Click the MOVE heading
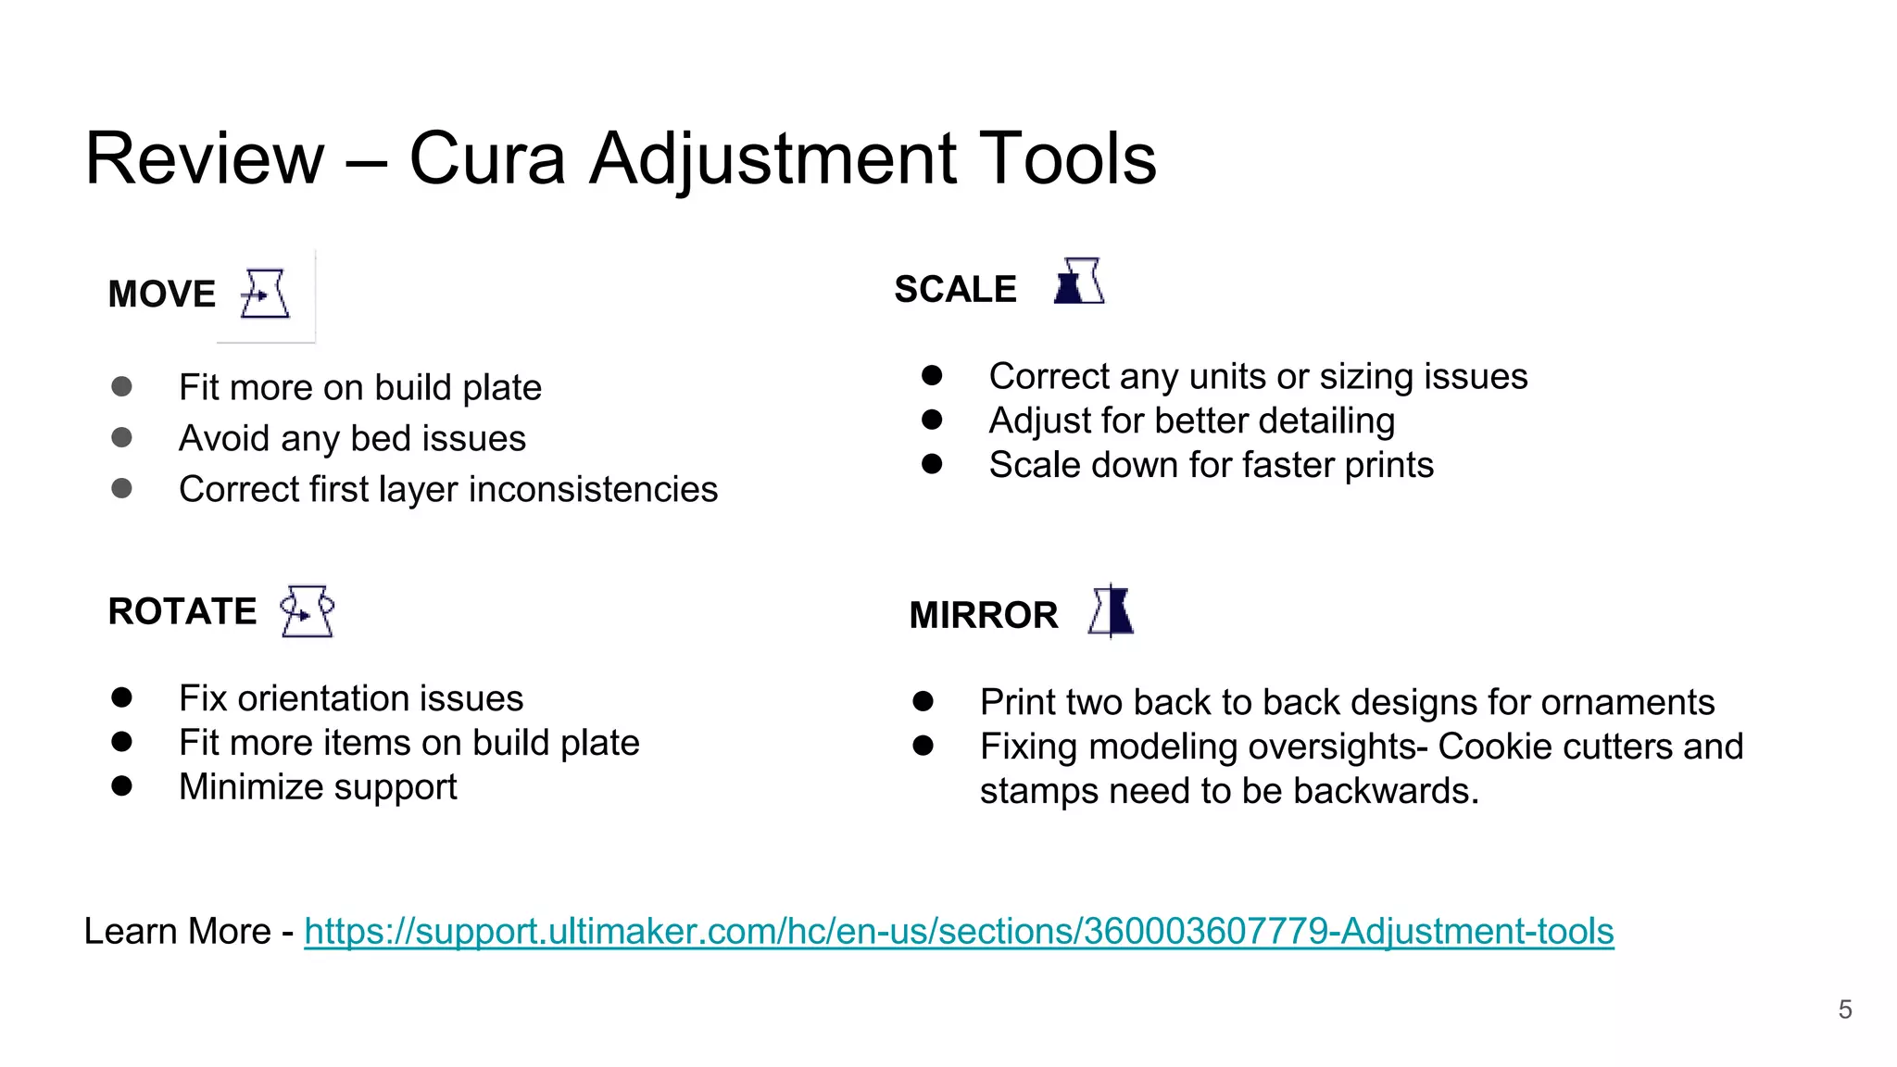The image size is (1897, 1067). pyautogui.click(x=162, y=295)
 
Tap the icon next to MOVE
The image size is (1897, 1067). pyautogui.click(x=265, y=295)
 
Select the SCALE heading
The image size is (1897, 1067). pyautogui.click(x=955, y=290)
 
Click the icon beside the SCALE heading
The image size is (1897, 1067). pyautogui.click(x=1079, y=282)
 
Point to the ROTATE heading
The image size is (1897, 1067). pyautogui.click(x=182, y=612)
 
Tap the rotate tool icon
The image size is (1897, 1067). pyautogui.click(x=308, y=611)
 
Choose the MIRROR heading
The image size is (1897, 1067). pyautogui.click(x=983, y=616)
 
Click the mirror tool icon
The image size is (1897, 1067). pyautogui.click(x=1112, y=611)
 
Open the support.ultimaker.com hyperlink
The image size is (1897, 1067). pyautogui.click(x=959, y=932)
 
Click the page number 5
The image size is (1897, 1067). pyautogui.click(x=1844, y=1010)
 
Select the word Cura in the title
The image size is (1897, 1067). pyautogui.click(x=487, y=159)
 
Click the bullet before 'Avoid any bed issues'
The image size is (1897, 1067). pyautogui.click(x=121, y=437)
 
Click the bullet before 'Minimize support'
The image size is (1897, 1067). pyautogui.click(x=121, y=786)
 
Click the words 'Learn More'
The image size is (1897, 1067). pyautogui.click(x=177, y=932)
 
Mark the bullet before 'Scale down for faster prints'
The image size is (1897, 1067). pyautogui.click(x=932, y=464)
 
